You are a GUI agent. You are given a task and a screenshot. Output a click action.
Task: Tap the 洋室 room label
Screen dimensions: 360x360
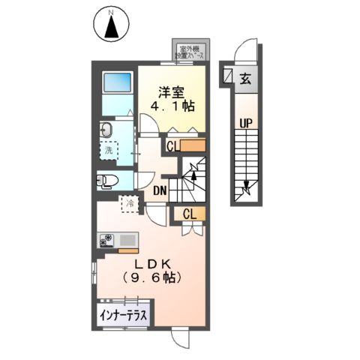[169, 92]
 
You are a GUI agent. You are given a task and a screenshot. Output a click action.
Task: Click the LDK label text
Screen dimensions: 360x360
[155, 263]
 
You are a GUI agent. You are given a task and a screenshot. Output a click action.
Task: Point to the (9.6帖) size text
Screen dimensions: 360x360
[155, 277]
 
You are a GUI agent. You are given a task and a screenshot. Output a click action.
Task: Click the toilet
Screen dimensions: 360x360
[106, 181]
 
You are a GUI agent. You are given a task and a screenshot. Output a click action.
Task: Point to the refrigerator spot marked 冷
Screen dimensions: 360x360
[129, 202]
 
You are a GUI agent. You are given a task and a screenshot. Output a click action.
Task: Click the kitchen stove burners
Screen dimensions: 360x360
[106, 240]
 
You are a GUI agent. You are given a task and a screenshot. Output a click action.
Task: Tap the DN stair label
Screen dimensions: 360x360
[160, 190]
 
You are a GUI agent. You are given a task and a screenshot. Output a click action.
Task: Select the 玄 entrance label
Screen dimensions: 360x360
[245, 76]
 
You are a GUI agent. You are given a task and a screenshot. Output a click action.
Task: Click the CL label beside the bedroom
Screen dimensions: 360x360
[173, 145]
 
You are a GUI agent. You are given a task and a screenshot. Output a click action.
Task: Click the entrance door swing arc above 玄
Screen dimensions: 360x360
[246, 52]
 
